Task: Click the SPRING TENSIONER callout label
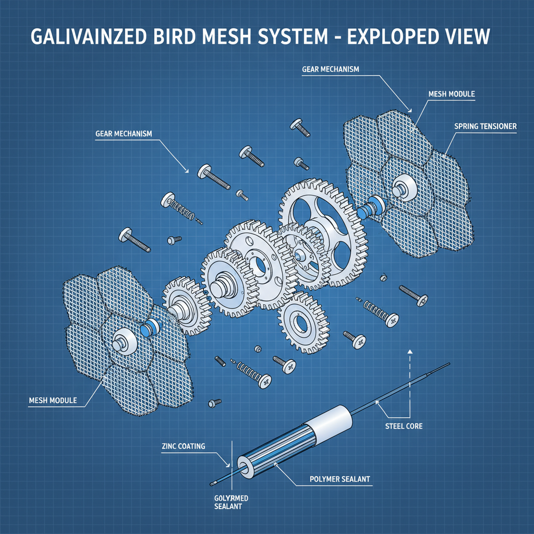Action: click(x=485, y=126)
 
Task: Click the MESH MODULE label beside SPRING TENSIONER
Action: click(x=451, y=94)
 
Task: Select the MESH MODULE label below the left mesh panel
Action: click(x=53, y=400)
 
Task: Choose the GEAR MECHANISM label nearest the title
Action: click(x=330, y=69)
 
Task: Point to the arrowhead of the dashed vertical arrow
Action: click(x=410, y=352)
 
